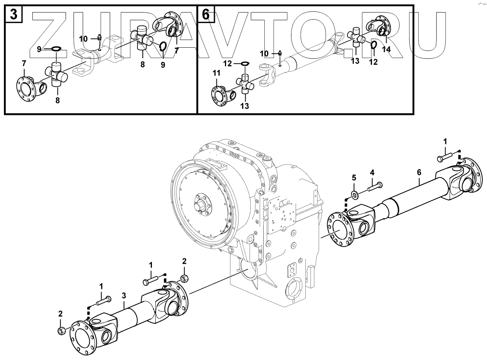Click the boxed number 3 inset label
tap(14, 15)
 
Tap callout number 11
tap(216, 73)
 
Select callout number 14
tap(387, 49)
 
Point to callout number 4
tap(372, 172)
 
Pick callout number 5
tap(354, 177)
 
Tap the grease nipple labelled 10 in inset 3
tap(99, 38)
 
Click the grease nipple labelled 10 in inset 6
tap(280, 53)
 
